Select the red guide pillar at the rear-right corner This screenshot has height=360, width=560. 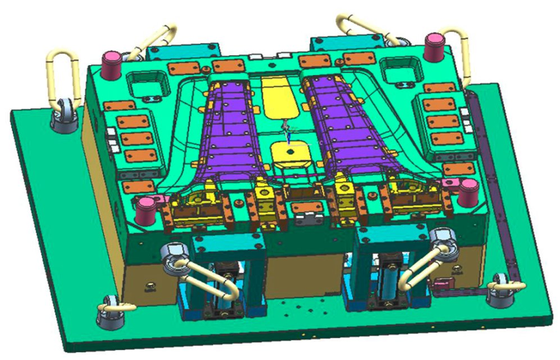434,46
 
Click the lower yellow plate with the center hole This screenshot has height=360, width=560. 289,153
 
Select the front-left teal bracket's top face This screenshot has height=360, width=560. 227,240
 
